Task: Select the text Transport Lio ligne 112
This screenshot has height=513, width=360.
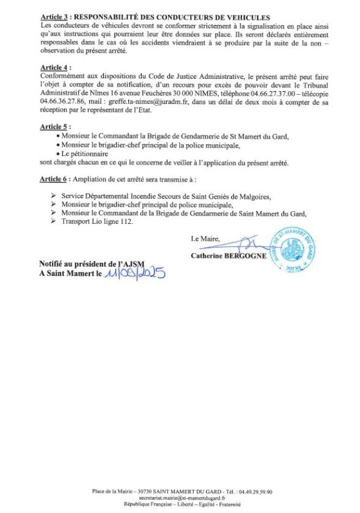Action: [x=97, y=221]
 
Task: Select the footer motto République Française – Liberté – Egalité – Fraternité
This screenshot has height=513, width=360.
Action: [x=180, y=504]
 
